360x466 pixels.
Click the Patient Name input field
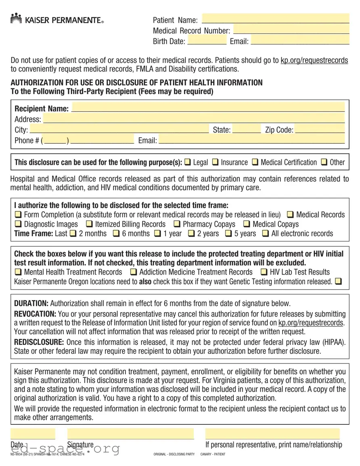[x=275, y=19]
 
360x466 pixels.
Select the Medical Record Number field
[x=291, y=30]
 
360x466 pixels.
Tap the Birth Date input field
[x=207, y=40]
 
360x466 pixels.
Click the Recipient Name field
[x=208, y=108]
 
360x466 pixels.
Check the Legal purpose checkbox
[x=188, y=162]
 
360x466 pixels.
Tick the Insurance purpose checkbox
[x=215, y=162]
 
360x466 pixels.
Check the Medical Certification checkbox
[x=255, y=162]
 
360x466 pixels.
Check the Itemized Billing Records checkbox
[x=89, y=224]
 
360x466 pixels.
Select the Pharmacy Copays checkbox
[x=177, y=224]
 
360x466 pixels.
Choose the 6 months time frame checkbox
[x=116, y=233]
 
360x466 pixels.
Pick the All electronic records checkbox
[x=265, y=233]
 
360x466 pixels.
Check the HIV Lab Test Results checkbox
[x=264, y=272]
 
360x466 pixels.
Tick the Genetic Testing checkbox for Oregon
[x=338, y=281]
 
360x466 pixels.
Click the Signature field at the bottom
[x=130, y=435]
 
